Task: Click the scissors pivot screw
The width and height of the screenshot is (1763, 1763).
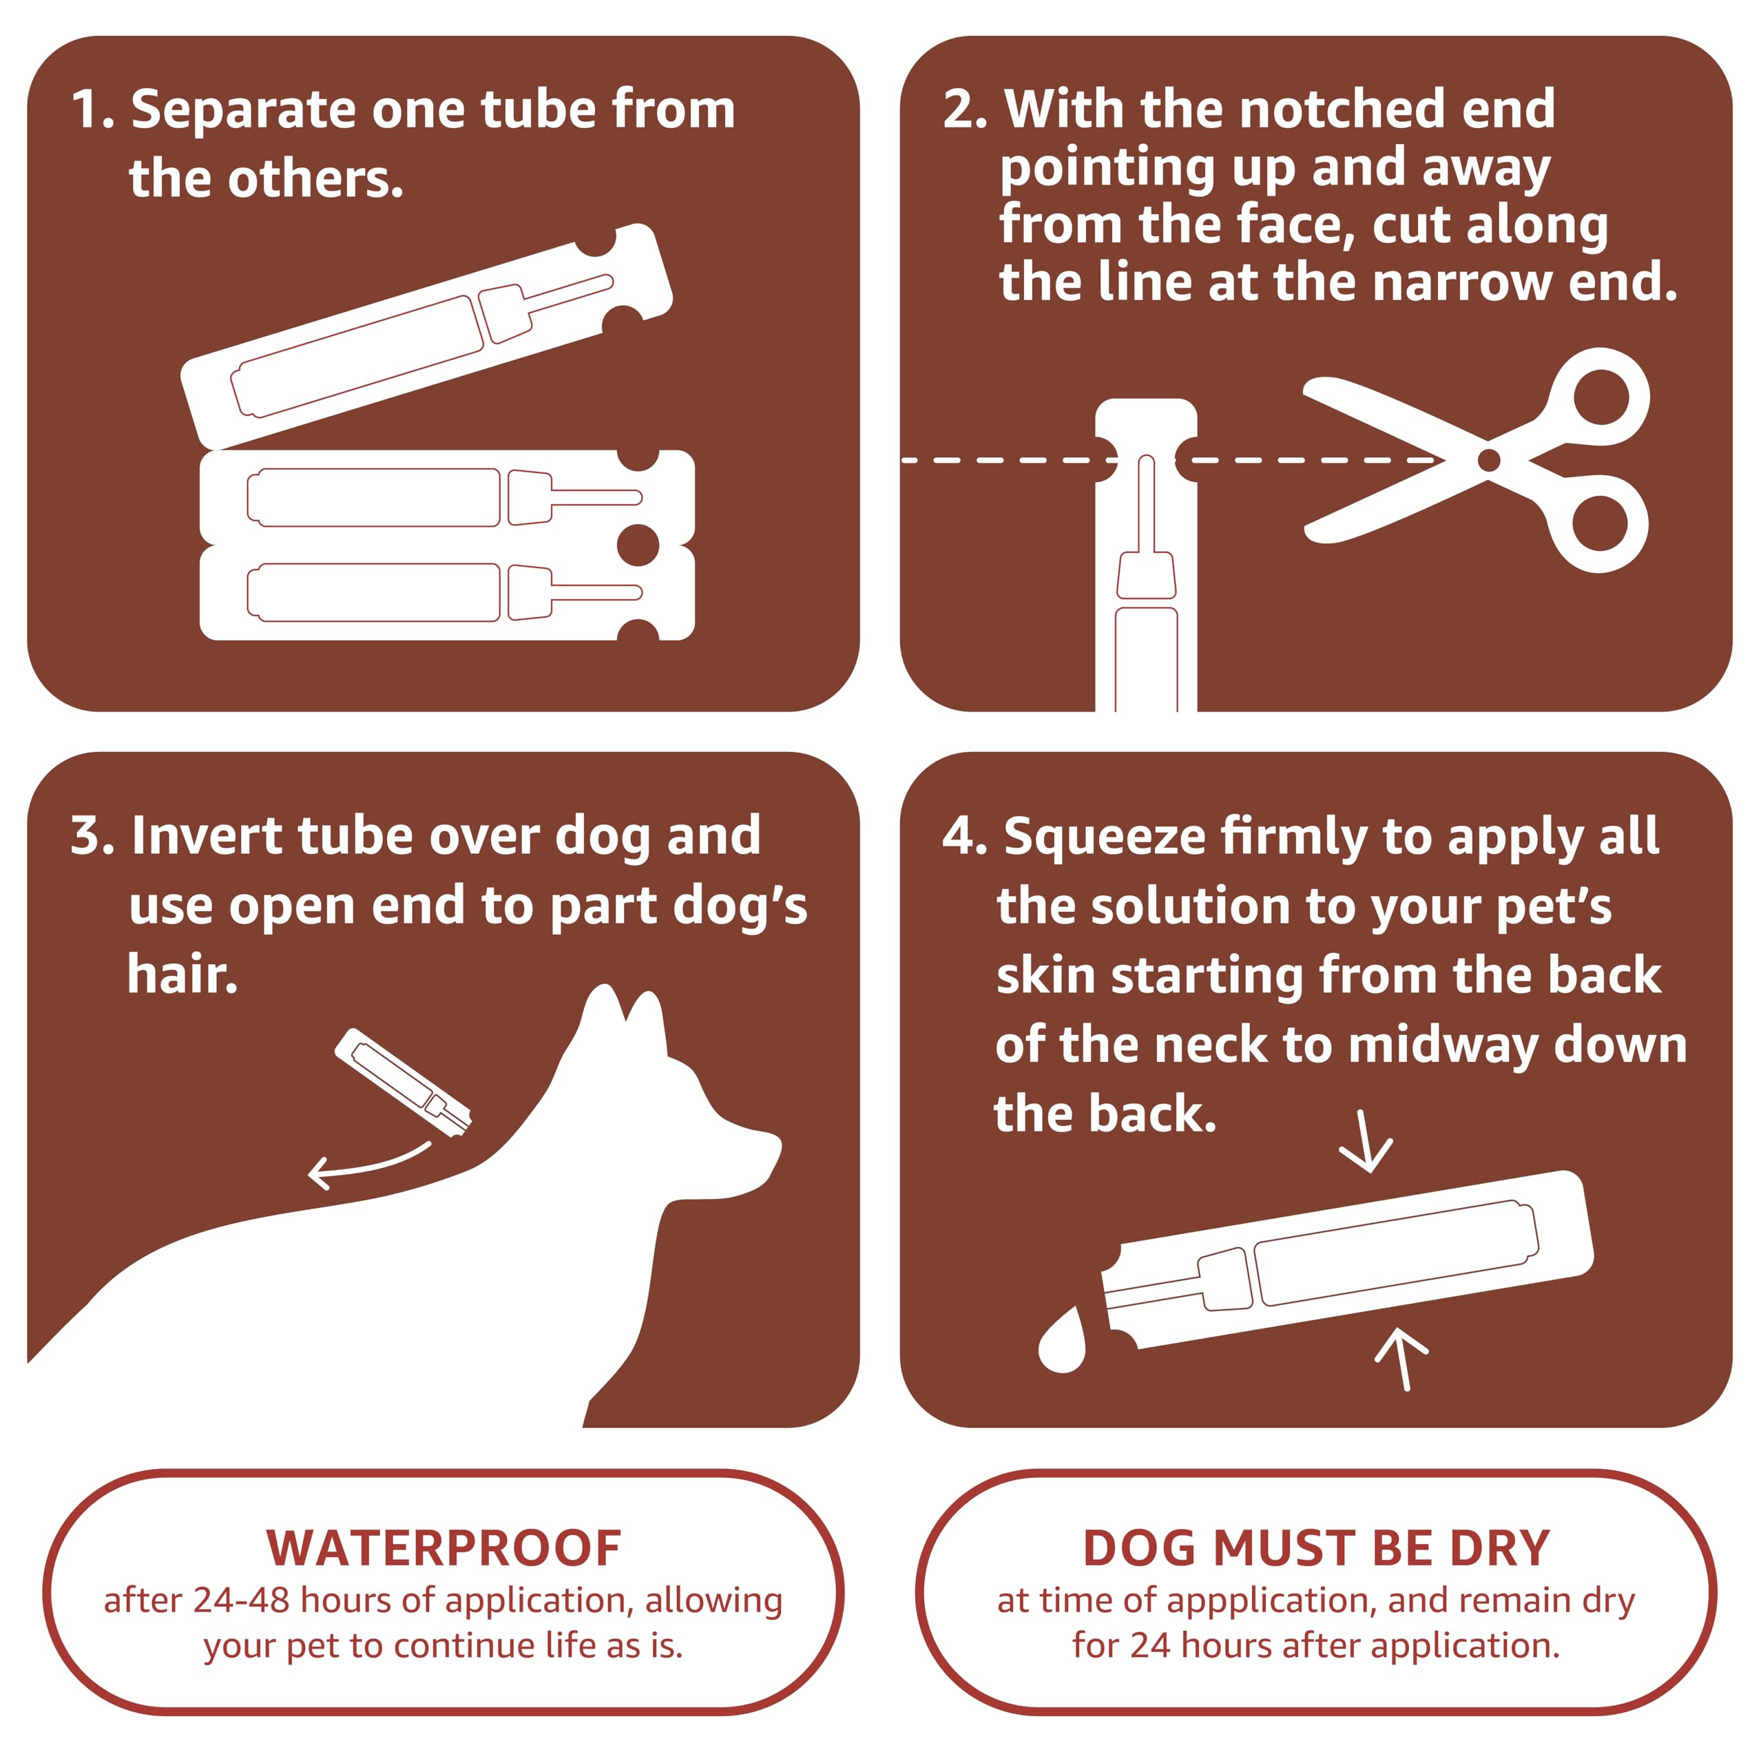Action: click(x=1488, y=460)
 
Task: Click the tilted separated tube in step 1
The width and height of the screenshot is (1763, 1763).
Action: click(x=427, y=336)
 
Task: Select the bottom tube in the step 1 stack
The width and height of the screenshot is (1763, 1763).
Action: click(x=446, y=592)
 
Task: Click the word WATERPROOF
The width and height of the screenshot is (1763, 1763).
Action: click(x=444, y=1549)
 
